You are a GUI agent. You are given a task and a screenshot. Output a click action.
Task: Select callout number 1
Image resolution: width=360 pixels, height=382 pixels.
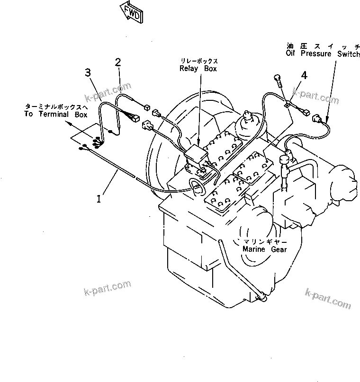(99, 199)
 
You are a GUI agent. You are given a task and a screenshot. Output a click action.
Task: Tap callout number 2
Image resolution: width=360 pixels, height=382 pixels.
(117, 62)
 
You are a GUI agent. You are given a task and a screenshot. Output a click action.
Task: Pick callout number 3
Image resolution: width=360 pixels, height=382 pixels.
(88, 72)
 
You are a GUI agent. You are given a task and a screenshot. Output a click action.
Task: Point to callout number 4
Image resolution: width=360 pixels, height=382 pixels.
(304, 75)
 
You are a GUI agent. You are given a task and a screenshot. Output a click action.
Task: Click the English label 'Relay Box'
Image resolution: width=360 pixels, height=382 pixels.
(198, 69)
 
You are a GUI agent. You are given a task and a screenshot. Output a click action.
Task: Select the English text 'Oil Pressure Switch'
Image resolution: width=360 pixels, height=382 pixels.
(322, 54)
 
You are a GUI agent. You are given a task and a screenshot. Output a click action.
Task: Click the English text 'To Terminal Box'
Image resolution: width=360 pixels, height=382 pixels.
(53, 115)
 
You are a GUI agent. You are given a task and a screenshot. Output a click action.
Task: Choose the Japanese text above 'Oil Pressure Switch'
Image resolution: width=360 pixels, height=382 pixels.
(322, 46)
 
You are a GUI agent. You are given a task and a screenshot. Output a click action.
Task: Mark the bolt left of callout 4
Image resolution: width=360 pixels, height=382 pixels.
(278, 81)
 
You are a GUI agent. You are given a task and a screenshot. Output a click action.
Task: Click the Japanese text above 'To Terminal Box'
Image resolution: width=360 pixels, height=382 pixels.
(53, 107)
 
